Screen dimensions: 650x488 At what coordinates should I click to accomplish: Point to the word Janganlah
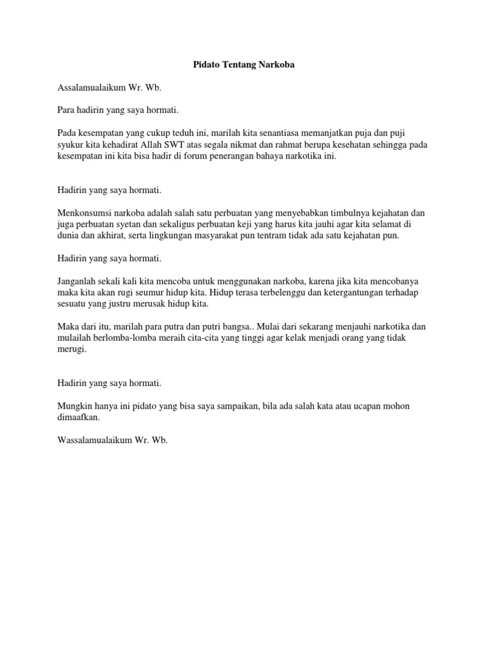(77, 281)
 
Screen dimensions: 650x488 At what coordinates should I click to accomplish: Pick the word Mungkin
(74, 406)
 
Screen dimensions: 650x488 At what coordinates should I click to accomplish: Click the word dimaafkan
(78, 418)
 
